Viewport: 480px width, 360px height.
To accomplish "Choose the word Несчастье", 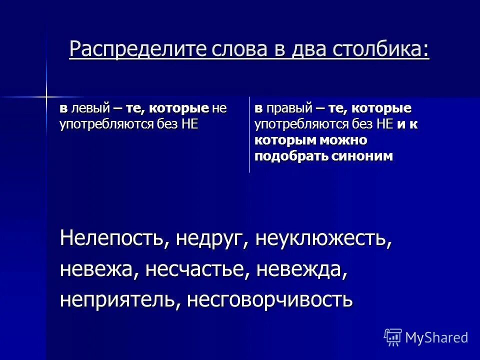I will pyautogui.click(x=198, y=270).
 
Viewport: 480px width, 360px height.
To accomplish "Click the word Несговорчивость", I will pyautogui.click(x=270, y=300).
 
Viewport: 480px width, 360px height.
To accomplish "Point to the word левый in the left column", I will pyautogui.click(x=90, y=109).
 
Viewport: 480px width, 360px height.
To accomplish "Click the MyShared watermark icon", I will pyautogui.click(x=392, y=337).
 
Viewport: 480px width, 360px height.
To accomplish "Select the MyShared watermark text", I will pyautogui.click(x=436, y=337).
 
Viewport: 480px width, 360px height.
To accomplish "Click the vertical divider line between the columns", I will pyautogui.click(x=249, y=135).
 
